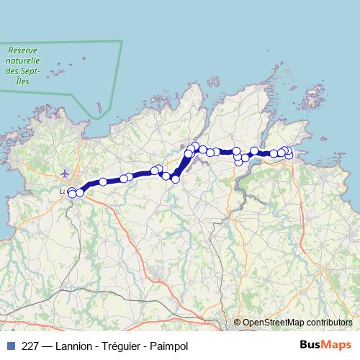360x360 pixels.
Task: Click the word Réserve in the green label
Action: tap(22, 51)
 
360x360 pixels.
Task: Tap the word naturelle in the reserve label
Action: tap(22, 61)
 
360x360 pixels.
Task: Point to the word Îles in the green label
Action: tap(22, 81)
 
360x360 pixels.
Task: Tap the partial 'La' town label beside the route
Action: tap(63, 192)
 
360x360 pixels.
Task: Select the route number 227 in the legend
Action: tap(30, 346)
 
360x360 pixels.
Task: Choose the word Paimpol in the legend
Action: tap(168, 346)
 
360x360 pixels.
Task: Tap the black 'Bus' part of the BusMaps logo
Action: tap(311, 346)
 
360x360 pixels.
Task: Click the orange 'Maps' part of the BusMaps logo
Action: tap(337, 346)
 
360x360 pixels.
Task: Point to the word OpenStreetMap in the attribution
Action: tap(273, 323)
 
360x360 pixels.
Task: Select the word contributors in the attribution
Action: tap(329, 323)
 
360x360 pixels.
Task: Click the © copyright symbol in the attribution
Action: tap(238, 323)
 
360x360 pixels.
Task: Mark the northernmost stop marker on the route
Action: tap(194, 146)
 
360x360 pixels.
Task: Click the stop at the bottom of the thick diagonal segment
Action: tap(175, 178)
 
